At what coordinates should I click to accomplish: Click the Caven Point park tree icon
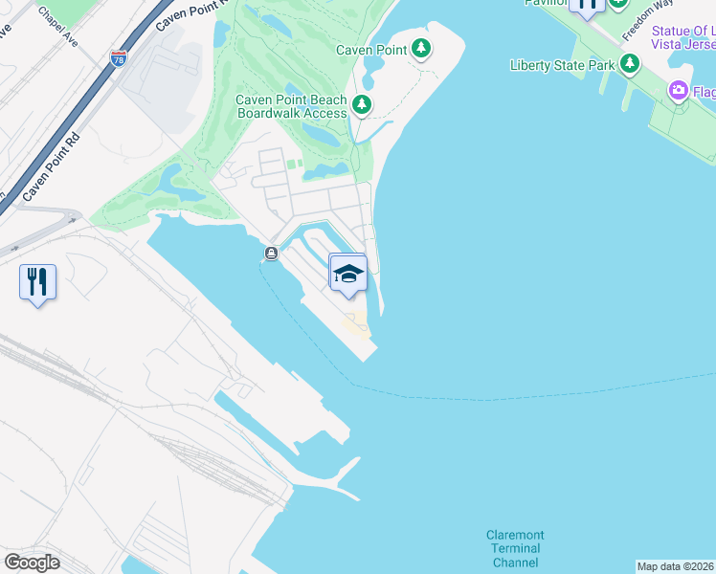tap(421, 49)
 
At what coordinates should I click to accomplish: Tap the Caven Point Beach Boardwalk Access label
tap(291, 106)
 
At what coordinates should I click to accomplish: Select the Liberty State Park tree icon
tap(629, 64)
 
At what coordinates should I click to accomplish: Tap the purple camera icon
tap(679, 90)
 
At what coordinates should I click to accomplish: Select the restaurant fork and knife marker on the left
tap(37, 282)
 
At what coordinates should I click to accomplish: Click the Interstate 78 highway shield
tap(119, 59)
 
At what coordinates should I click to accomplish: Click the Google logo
tap(32, 562)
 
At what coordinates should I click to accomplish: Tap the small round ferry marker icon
tap(271, 254)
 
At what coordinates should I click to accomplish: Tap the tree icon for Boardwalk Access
tap(361, 104)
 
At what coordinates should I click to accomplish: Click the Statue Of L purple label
tap(682, 31)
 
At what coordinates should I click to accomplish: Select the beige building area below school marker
tap(356, 325)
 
